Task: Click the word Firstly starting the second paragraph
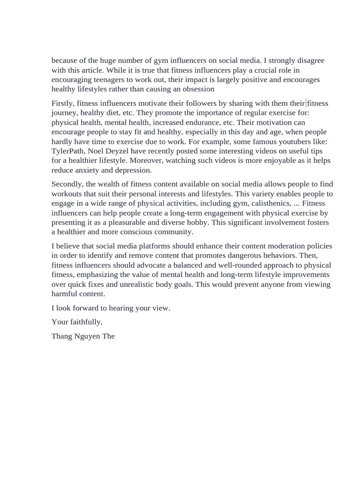click(62, 103)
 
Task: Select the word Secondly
click(68, 184)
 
